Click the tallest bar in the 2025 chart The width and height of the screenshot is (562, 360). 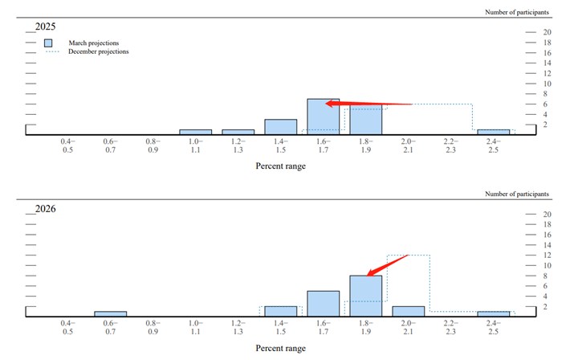coord(324,117)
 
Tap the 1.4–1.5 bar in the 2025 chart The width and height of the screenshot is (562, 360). coord(280,127)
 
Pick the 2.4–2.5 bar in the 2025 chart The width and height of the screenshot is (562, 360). coord(493,132)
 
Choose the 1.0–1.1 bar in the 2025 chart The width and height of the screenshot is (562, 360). coord(195,132)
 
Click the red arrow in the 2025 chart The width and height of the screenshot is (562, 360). coord(369,104)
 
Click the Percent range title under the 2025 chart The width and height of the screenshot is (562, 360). coord(280,166)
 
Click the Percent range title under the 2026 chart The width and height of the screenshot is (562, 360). coord(280,348)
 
